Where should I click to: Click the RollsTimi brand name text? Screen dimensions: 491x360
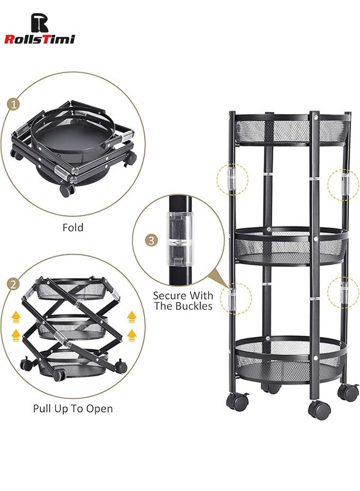39,39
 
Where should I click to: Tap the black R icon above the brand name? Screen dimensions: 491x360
39,22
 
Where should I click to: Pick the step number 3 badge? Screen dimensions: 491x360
151,240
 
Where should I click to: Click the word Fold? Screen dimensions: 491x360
73,227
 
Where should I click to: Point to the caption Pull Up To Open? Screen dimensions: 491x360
73,409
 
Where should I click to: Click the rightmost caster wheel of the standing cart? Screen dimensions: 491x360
348,392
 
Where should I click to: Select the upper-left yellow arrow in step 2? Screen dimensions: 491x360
17,315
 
